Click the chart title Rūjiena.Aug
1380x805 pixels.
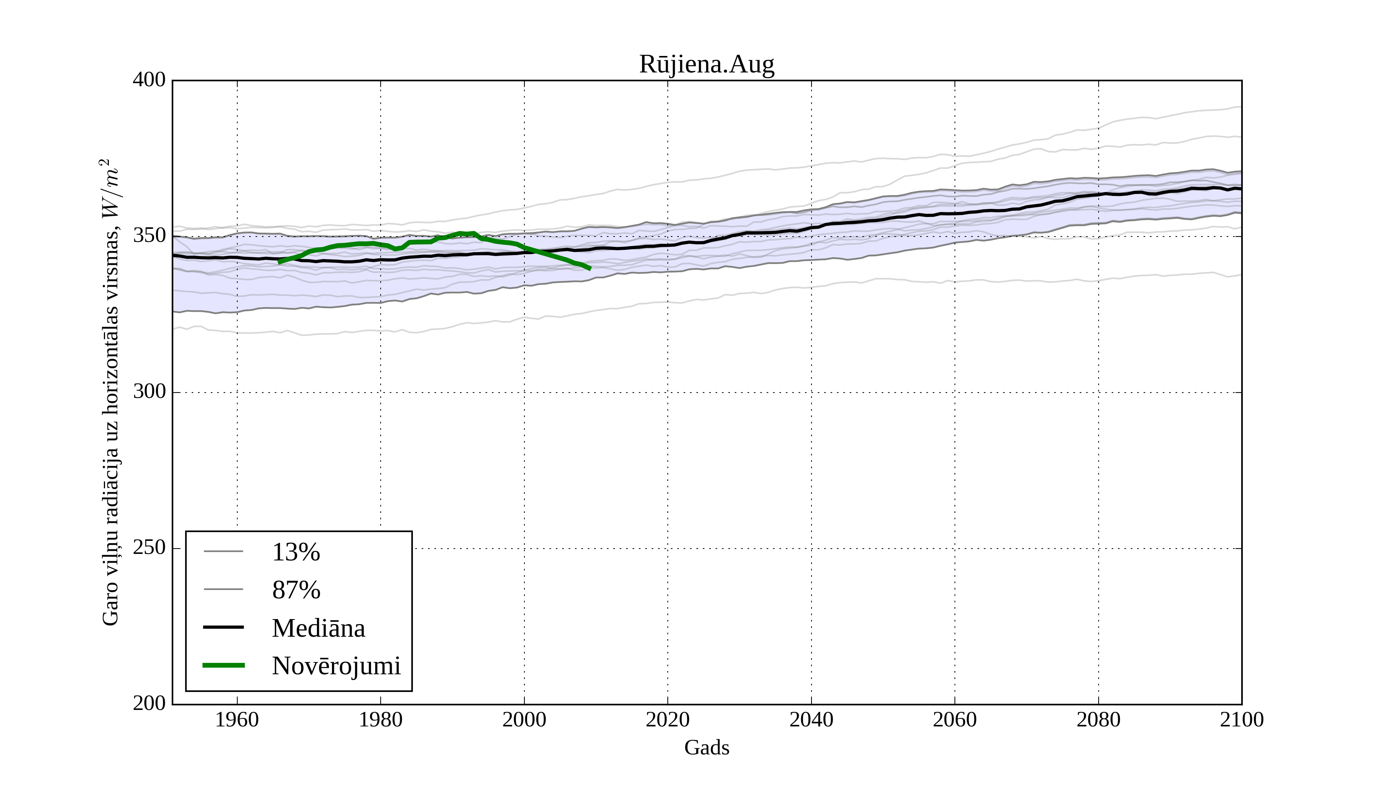point(706,65)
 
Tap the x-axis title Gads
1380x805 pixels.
point(706,747)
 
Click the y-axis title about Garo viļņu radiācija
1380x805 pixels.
point(110,392)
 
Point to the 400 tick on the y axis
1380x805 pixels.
point(149,80)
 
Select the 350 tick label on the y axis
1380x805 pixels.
point(149,236)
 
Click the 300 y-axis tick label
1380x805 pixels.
point(149,392)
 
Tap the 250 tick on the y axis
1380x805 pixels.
point(149,548)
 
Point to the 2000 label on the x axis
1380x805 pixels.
point(524,720)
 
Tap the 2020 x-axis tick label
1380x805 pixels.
point(667,720)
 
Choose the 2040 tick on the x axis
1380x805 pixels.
point(811,720)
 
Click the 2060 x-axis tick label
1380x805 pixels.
point(955,720)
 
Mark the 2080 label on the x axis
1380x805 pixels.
point(1098,720)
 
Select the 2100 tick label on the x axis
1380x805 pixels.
point(1242,720)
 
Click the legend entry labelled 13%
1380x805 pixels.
point(296,552)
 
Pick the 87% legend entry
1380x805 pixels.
point(296,590)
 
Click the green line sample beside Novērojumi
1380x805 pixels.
point(223,665)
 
